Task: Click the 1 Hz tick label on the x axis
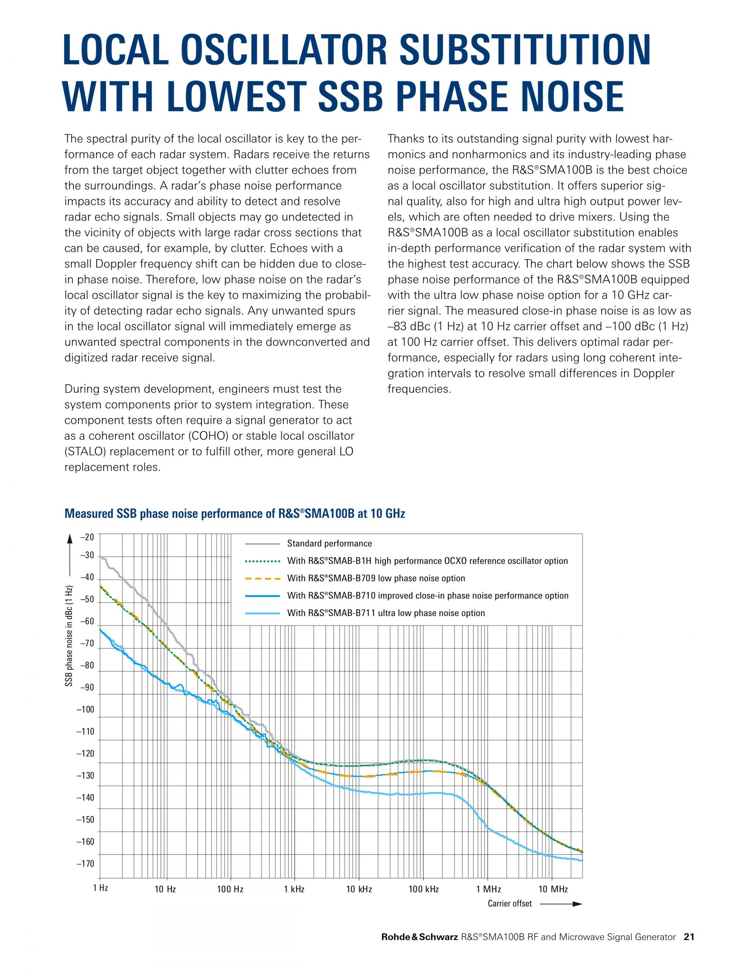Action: (101, 887)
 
